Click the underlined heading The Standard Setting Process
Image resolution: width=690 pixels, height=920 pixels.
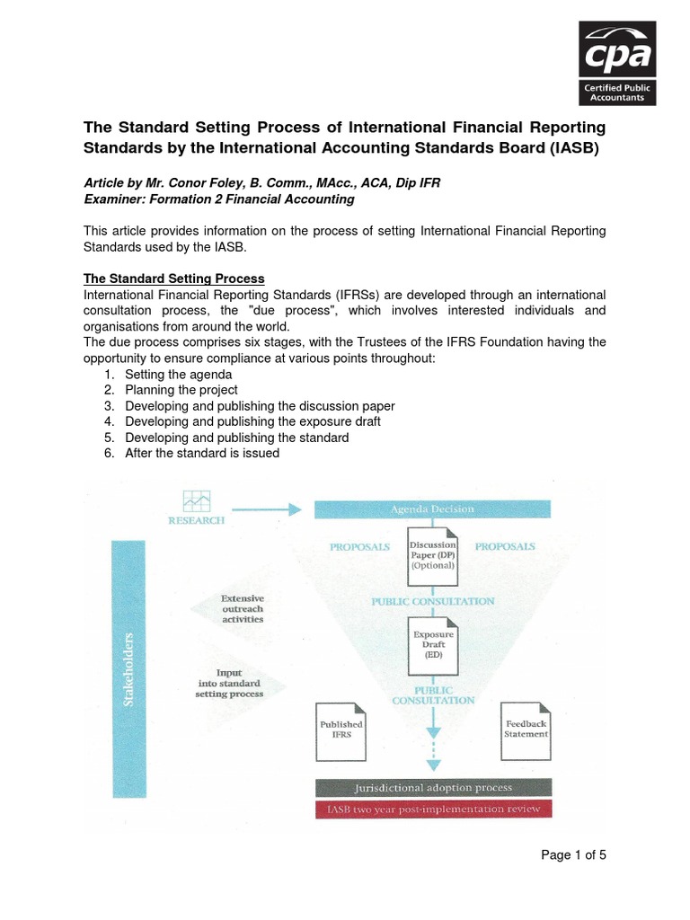pyautogui.click(x=174, y=278)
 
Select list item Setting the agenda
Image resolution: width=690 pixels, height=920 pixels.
pyautogui.click(x=179, y=374)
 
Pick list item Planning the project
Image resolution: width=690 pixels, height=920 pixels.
pyautogui.click(x=181, y=390)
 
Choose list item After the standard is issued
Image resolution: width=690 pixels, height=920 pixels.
pyautogui.click(x=202, y=453)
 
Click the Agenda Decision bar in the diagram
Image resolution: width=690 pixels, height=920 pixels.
pyautogui.click(x=431, y=509)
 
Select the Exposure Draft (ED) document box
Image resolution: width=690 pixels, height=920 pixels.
pyautogui.click(x=433, y=642)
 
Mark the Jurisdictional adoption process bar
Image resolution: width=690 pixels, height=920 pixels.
pyautogui.click(x=433, y=788)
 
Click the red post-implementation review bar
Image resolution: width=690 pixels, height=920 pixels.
pyautogui.click(x=433, y=809)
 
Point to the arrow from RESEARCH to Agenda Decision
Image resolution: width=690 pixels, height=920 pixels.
pyautogui.click(x=270, y=509)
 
